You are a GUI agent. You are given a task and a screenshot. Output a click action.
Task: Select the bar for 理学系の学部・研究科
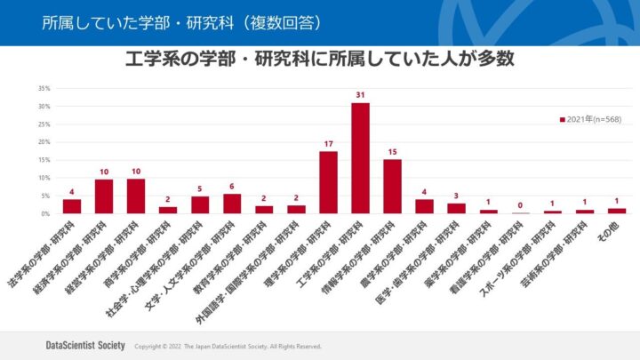click(x=328, y=182)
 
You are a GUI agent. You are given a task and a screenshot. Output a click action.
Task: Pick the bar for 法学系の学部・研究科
click(x=72, y=206)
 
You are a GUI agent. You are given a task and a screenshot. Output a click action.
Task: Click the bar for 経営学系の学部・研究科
click(x=136, y=196)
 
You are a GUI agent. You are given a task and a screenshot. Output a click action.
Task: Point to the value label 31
click(x=360, y=95)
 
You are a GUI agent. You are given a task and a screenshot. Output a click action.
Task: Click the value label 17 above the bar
click(x=328, y=143)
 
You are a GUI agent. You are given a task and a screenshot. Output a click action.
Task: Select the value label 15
click(x=392, y=151)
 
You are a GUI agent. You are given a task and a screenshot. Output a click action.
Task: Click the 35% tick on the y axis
click(x=44, y=88)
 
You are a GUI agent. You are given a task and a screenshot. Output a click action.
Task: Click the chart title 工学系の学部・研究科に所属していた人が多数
click(x=320, y=60)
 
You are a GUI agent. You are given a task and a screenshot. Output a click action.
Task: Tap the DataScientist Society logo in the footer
click(x=84, y=345)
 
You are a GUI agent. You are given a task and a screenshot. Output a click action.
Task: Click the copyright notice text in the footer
click(x=227, y=346)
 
